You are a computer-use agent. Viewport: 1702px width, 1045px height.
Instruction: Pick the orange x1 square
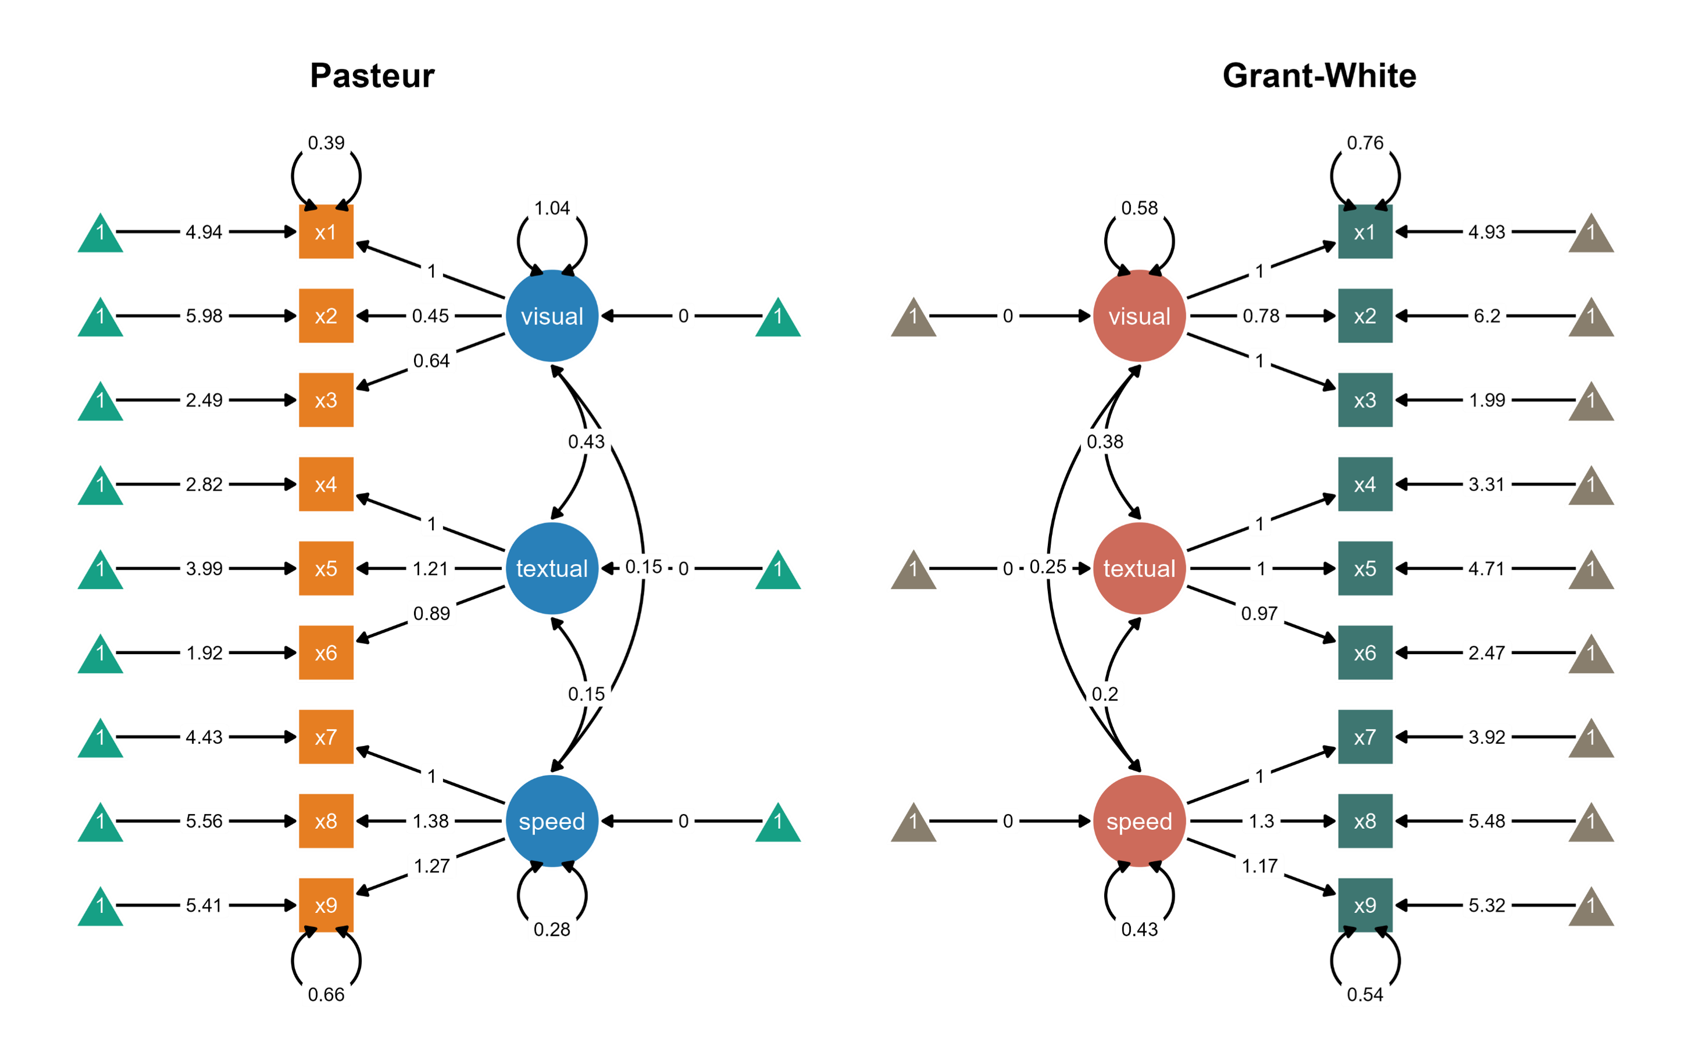[x=326, y=231]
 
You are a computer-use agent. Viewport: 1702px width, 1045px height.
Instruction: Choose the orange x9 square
[x=326, y=905]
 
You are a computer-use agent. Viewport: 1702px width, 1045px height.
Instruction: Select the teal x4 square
[x=1365, y=484]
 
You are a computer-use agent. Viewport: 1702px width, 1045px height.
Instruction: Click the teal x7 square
[x=1365, y=737]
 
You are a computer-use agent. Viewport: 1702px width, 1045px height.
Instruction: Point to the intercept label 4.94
[x=204, y=231]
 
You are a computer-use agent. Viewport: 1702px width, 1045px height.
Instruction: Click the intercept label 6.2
[x=1486, y=316]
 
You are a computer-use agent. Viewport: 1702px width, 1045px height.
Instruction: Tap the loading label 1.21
[x=430, y=568]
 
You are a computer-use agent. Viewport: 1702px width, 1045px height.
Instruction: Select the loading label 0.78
[x=1261, y=316]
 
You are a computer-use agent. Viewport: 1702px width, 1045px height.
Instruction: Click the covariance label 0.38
[x=1104, y=441]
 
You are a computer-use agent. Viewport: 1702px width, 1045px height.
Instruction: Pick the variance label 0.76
[x=1365, y=142]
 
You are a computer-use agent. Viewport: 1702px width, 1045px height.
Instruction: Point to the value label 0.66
[x=326, y=994]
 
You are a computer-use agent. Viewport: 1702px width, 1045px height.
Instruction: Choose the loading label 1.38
[x=430, y=821]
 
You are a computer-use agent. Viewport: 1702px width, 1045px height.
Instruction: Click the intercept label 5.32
[x=1486, y=905]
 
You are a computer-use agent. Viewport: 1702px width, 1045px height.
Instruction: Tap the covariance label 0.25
[x=1048, y=567]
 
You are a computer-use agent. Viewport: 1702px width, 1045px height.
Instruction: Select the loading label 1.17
[x=1259, y=865]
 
